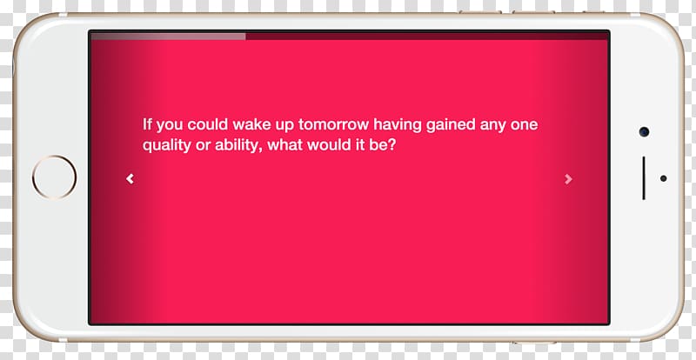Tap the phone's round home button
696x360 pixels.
coord(54,177)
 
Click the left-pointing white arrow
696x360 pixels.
coord(130,178)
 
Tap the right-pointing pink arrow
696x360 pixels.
coord(568,179)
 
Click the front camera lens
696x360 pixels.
coord(644,131)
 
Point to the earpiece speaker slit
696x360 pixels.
coord(644,178)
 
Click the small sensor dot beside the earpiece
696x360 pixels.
coord(663,178)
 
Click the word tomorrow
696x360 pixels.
coord(333,124)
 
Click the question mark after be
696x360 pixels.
coord(391,145)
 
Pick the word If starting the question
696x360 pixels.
coord(147,124)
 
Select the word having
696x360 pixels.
coord(398,125)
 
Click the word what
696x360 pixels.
coord(284,145)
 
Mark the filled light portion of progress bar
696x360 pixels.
coord(168,37)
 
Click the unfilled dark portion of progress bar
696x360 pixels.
coord(426,37)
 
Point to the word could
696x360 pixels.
coord(207,124)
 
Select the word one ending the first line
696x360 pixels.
coord(524,125)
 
